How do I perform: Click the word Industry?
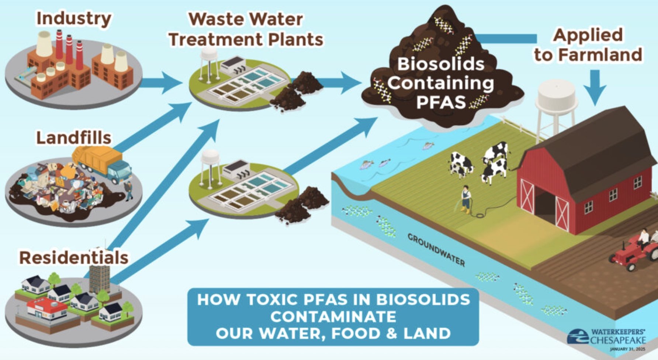[x=74, y=18]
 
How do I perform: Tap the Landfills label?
[x=74, y=138]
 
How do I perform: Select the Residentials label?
[x=74, y=257]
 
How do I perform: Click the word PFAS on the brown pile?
[x=441, y=101]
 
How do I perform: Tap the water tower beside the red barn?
[x=555, y=107]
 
